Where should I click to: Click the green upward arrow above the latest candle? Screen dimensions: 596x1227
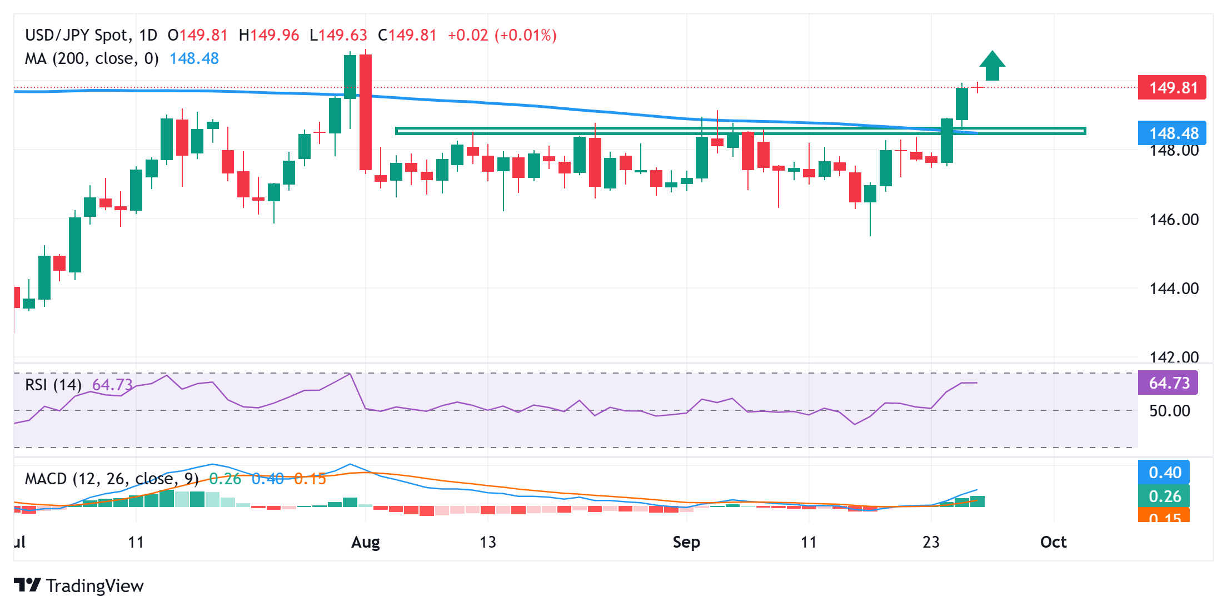pos(992,66)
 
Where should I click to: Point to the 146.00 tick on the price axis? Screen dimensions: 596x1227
pos(1174,220)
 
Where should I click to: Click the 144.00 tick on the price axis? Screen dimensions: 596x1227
pos(1174,289)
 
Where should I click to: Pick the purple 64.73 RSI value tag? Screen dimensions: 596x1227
pos(1168,383)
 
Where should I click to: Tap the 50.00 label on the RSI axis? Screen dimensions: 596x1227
pos(1169,411)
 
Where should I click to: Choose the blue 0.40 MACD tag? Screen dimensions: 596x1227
pos(1164,473)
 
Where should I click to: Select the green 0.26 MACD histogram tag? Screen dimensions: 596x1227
pos(1164,496)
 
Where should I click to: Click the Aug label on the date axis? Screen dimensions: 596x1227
pos(365,542)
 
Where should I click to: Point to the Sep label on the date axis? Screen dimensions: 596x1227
pos(686,542)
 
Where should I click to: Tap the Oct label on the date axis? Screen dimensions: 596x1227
pos(1053,542)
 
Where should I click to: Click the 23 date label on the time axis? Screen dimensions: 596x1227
pos(931,542)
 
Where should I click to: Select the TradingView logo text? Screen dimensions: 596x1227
pos(94,585)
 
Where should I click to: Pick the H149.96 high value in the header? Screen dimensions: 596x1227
pos(269,36)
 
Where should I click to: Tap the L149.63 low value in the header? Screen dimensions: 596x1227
pos(338,36)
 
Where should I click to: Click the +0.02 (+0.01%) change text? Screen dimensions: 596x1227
pos(502,36)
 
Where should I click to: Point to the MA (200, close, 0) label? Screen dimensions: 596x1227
pos(92,58)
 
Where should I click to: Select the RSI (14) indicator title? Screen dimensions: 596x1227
pos(53,385)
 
